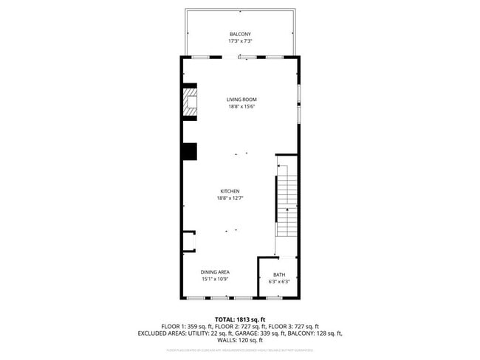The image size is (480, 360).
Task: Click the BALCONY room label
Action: [x=240, y=34]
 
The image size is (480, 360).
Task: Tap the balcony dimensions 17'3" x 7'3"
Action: [x=240, y=41]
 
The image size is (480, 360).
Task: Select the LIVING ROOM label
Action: [x=241, y=100]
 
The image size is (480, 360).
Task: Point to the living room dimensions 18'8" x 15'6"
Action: [x=241, y=107]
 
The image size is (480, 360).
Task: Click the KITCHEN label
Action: [x=230, y=191]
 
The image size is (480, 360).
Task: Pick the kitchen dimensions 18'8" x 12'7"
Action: [x=230, y=198]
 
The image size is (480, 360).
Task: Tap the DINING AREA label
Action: [x=216, y=272]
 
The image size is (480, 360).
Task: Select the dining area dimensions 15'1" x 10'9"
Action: [x=216, y=280]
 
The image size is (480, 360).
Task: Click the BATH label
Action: [x=278, y=274]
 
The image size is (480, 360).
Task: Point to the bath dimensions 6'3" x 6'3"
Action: [x=278, y=282]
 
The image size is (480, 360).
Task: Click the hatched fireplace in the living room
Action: [x=191, y=103]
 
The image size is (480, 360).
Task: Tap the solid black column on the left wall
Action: [x=190, y=151]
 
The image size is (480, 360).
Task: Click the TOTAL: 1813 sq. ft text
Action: [x=240, y=319]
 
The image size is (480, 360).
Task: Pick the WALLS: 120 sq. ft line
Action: [x=240, y=341]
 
